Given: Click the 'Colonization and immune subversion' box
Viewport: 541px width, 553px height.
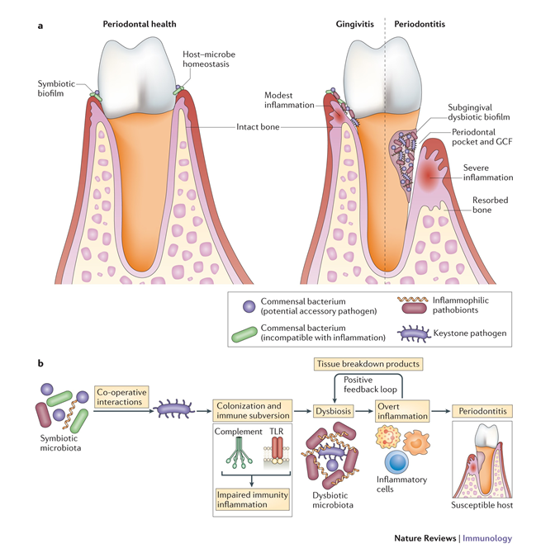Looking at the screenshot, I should click(246, 410).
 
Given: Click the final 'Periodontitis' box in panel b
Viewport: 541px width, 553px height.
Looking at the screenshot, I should click(482, 410).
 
